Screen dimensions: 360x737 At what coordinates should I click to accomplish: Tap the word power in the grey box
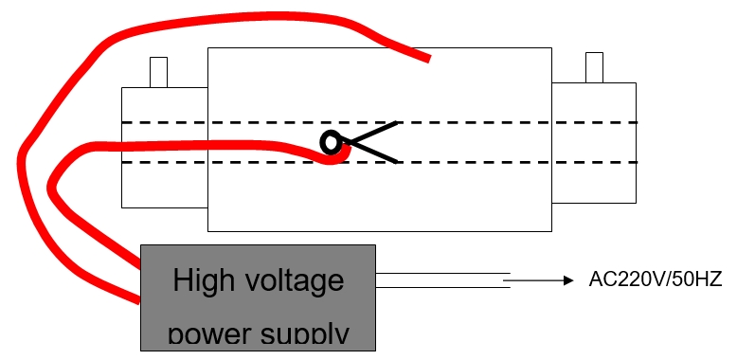[204, 334]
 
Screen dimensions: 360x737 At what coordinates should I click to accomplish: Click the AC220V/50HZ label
[655, 279]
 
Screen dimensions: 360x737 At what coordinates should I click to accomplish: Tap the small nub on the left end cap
[158, 72]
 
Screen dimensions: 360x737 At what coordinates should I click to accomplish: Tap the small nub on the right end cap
[594, 67]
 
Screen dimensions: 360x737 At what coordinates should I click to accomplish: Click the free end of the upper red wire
[429, 59]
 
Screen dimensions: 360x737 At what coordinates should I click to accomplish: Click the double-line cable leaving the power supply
[440, 280]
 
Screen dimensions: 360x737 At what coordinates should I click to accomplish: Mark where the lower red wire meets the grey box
[140, 300]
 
